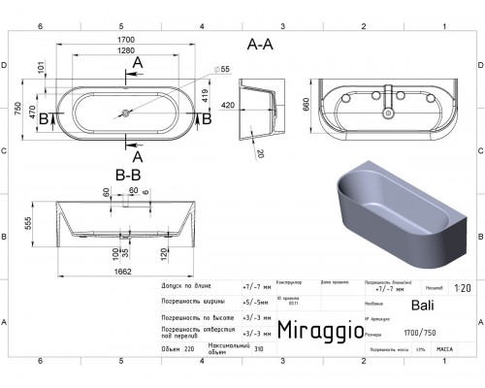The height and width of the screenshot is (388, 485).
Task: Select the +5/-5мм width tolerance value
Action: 254,301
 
